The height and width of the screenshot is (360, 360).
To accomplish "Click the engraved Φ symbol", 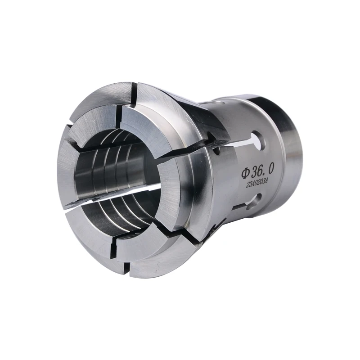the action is point(245,173).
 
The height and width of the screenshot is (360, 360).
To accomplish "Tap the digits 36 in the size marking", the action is point(256,171).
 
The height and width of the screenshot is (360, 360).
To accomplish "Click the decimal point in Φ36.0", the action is point(265,174).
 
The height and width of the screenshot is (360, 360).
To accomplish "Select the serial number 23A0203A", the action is point(257,183).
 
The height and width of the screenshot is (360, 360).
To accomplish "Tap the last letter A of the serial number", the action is point(267,180).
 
